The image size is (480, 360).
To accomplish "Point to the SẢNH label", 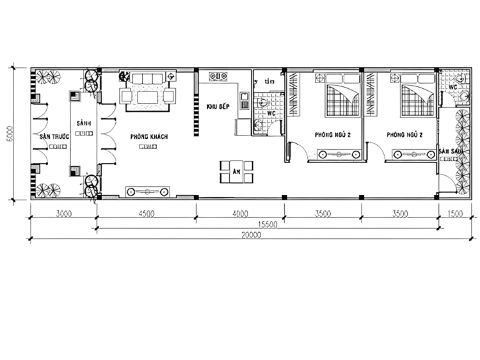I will click(84, 122).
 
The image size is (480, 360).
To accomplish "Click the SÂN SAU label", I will click(451, 152).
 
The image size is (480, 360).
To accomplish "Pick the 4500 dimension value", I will click(147, 215).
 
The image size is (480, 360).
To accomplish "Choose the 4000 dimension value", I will click(241, 215).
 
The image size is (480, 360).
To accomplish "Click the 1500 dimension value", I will click(455, 215).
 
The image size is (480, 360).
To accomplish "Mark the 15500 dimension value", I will click(267, 224).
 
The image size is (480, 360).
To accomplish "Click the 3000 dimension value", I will click(63, 215).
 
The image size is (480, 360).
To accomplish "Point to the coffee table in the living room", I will click(147, 97).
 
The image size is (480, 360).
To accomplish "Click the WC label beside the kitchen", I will click(271, 114).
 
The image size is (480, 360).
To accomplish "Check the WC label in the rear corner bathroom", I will click(452, 86).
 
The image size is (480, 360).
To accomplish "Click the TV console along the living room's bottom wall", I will click(148, 191).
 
